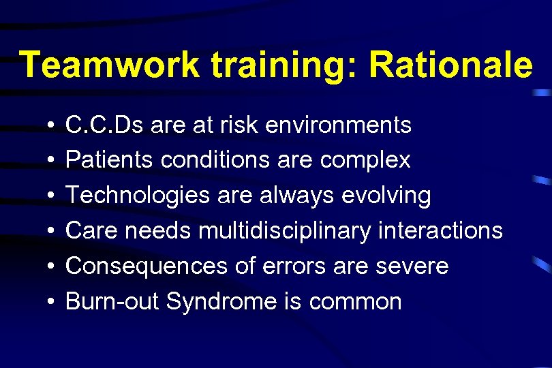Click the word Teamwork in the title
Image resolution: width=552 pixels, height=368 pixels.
[110, 65]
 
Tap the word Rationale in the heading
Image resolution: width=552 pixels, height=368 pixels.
[450, 65]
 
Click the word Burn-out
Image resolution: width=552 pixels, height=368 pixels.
[112, 302]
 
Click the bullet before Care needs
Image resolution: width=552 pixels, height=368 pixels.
[52, 232]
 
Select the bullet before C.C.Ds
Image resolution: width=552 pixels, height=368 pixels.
[52, 125]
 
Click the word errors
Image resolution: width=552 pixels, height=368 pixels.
[297, 266]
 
